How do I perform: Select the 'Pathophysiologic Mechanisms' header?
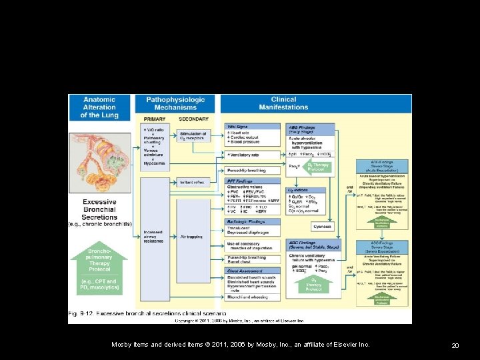click(x=175, y=103)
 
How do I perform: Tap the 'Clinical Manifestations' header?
click(x=284, y=103)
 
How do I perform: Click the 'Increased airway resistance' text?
click(x=153, y=237)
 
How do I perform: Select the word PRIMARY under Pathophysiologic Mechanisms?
click(x=154, y=119)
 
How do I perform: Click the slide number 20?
click(x=455, y=345)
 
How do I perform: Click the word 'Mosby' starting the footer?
click(x=123, y=345)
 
